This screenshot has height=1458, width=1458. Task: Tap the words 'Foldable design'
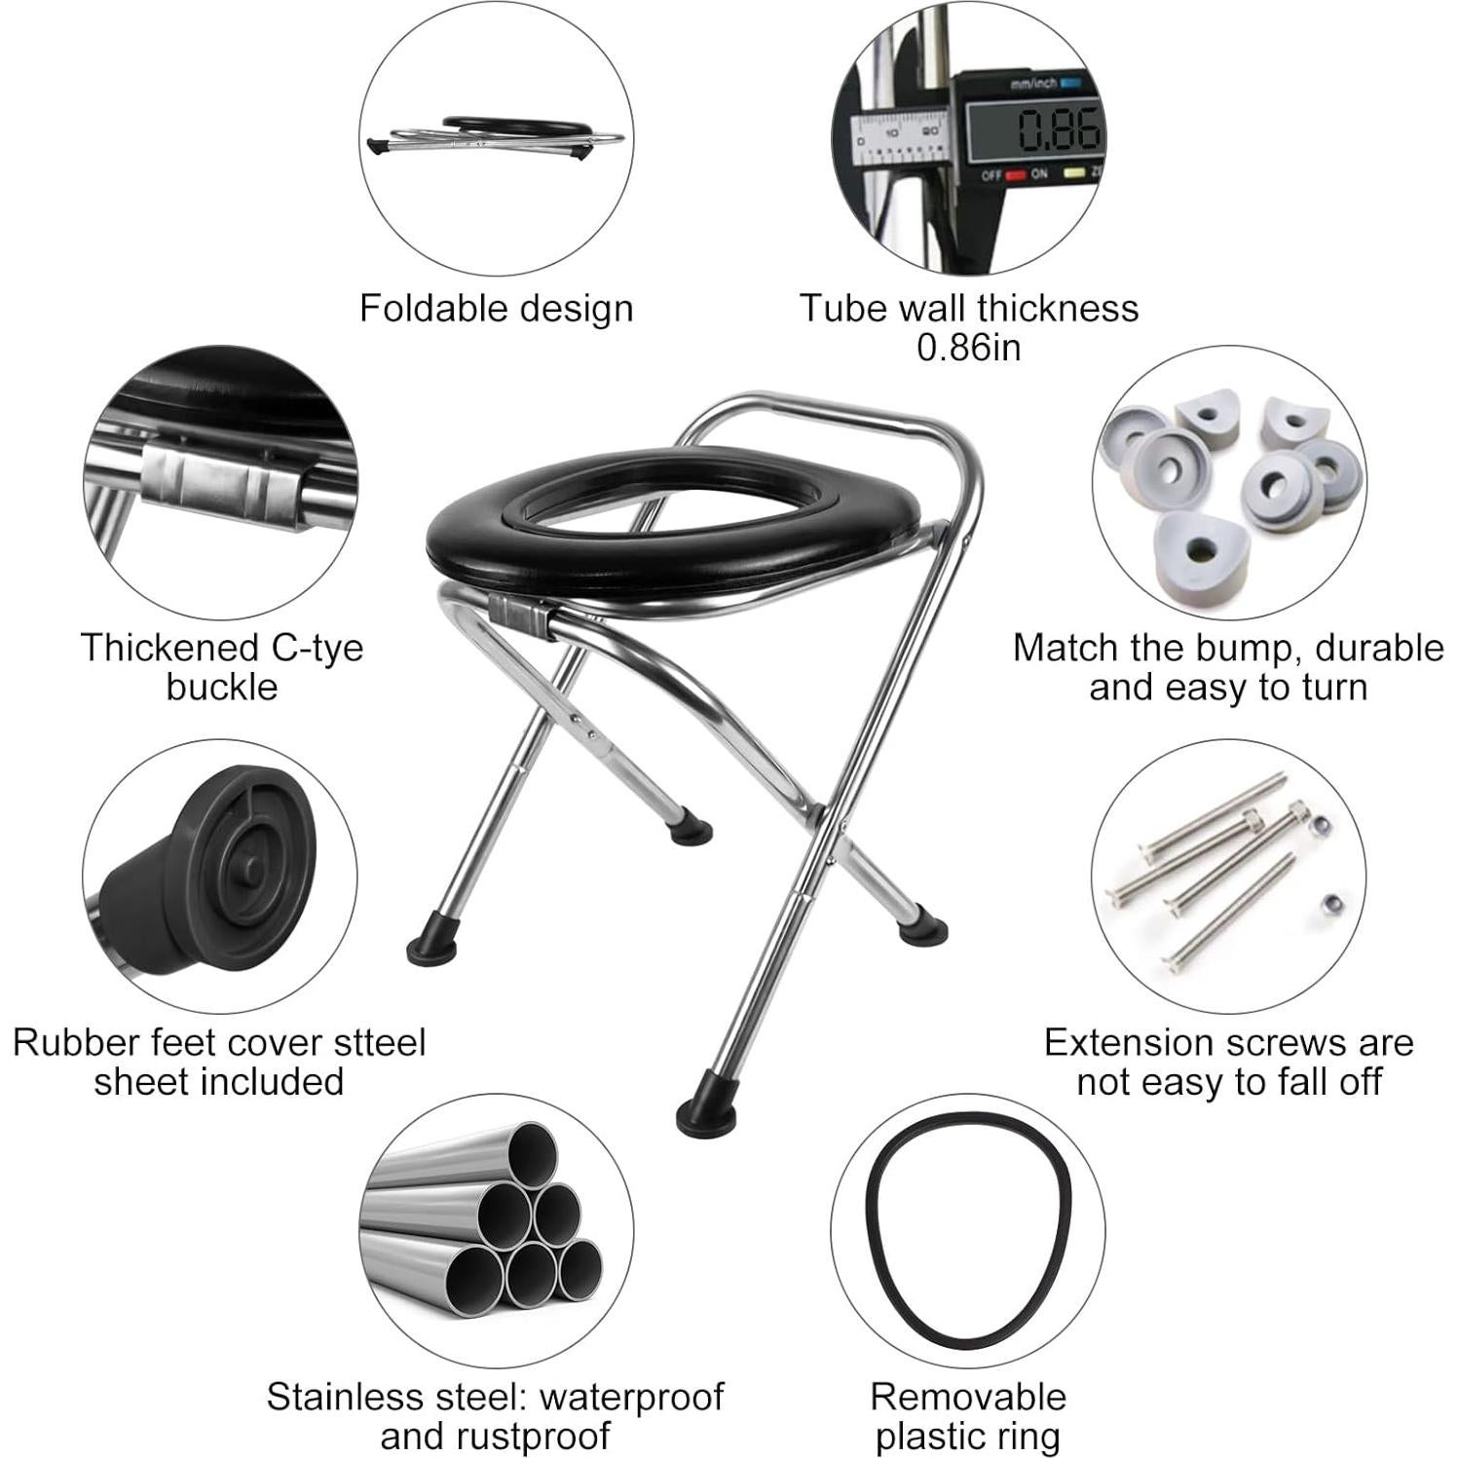tap(496, 309)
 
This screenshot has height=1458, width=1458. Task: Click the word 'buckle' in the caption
tap(221, 688)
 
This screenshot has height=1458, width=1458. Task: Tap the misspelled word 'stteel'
tap(380, 1043)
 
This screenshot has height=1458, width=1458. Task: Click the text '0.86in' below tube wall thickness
tap(968, 348)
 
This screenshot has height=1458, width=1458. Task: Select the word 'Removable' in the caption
tap(968, 1397)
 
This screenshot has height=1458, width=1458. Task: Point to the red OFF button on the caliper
tap(1016, 175)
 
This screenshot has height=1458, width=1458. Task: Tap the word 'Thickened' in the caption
tap(163, 649)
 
